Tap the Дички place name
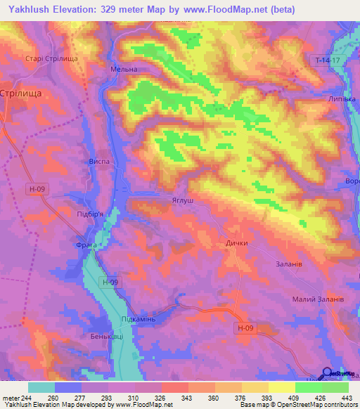click(236, 244)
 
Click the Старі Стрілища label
click(50, 60)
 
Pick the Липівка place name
click(342, 99)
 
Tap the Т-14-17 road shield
click(326, 62)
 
